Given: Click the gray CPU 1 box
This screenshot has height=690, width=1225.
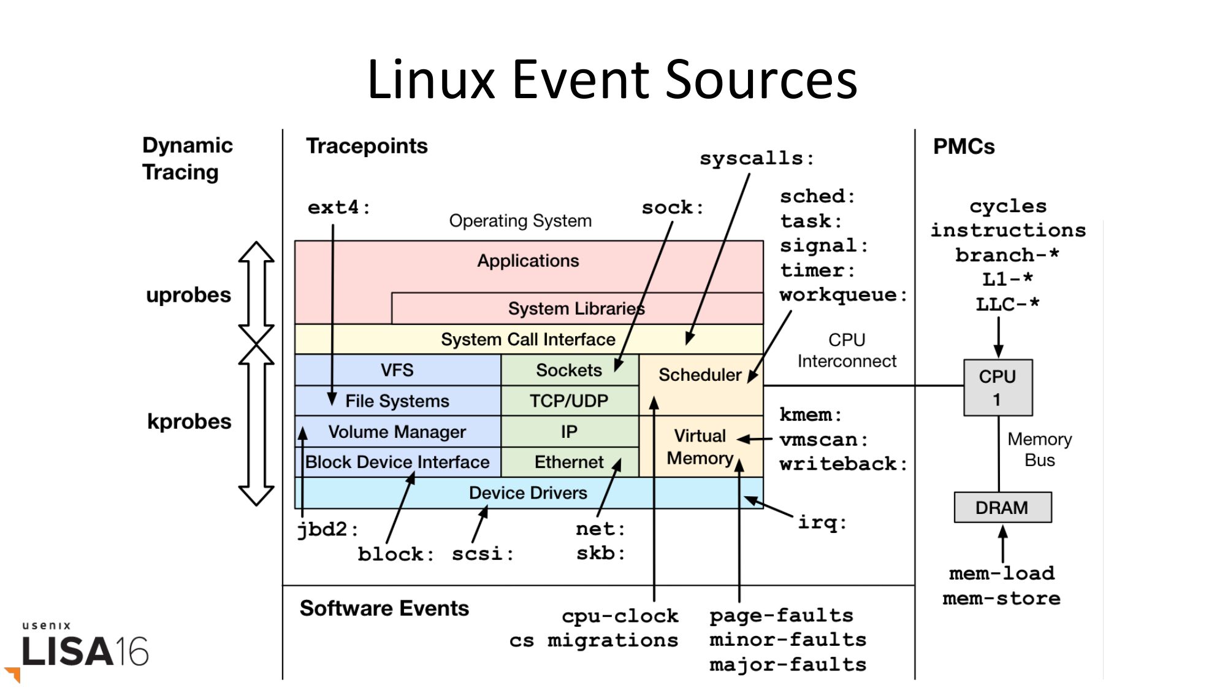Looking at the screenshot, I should pyautogui.click(x=998, y=388).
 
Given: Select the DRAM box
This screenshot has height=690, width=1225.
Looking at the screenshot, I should pyautogui.click(x=1002, y=507).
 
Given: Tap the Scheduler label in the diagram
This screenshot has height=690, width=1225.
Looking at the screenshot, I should pyautogui.click(x=700, y=375).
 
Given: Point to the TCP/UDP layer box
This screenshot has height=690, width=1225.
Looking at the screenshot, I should pyautogui.click(x=569, y=401).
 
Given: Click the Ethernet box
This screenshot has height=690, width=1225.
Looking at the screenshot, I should pyautogui.click(x=568, y=462).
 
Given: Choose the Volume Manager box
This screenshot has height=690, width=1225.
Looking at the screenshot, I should pyautogui.click(x=397, y=432).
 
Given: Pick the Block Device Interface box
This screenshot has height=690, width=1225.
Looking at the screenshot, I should pyautogui.click(x=397, y=462).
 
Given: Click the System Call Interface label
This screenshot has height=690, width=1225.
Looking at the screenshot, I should pyautogui.click(x=528, y=339).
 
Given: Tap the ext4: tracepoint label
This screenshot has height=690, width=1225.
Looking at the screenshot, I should pyautogui.click(x=338, y=208).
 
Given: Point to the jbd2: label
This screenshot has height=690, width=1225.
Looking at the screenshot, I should pyautogui.click(x=327, y=529).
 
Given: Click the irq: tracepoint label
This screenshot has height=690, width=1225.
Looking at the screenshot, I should pyautogui.click(x=822, y=523).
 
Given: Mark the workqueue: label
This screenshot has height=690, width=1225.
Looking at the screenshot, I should pyautogui.click(x=843, y=295).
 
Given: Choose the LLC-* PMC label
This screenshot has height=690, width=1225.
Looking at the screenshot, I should pyautogui.click(x=1007, y=304).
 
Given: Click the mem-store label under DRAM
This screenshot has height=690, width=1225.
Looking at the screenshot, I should pyautogui.click(x=1001, y=599).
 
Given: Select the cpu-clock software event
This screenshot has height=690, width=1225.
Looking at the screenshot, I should pyautogui.click(x=620, y=616).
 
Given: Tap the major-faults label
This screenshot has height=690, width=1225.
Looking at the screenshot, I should pyautogui.click(x=788, y=665).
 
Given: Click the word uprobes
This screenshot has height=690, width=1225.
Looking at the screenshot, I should pyautogui.click(x=188, y=295).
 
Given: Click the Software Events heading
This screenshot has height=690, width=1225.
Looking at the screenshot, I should pyautogui.click(x=384, y=608).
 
